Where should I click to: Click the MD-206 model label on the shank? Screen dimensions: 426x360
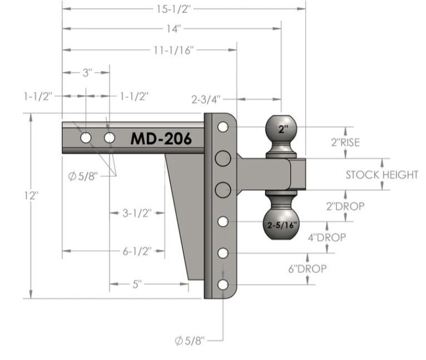pyautogui.click(x=161, y=139)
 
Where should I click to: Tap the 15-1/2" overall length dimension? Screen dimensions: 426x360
pyautogui.click(x=173, y=9)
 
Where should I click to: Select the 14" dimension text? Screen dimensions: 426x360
pyautogui.click(x=174, y=28)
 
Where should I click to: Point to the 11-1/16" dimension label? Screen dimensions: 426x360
pyautogui.click(x=174, y=50)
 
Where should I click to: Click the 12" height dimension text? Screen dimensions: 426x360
pyautogui.click(x=31, y=195)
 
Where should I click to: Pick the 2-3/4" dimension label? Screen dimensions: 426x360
pyautogui.click(x=206, y=100)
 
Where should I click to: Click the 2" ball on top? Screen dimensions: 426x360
pyautogui.click(x=281, y=129)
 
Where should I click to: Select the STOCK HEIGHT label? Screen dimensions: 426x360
pyautogui.click(x=381, y=175)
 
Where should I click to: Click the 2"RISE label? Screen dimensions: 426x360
pyautogui.click(x=345, y=142)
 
